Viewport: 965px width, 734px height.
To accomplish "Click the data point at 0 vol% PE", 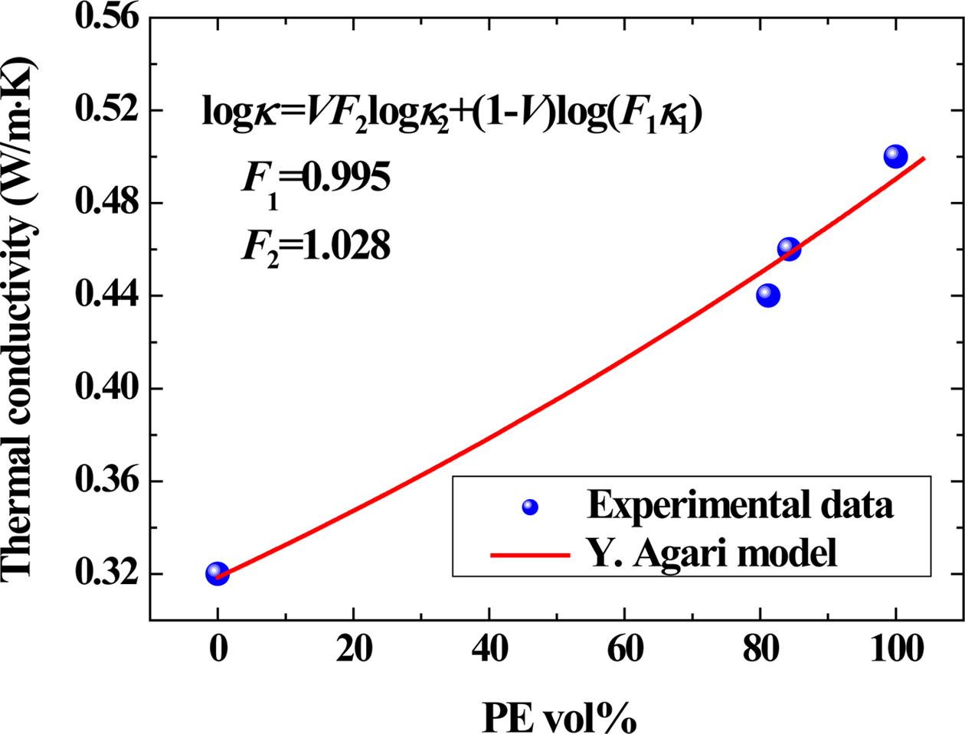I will click(218, 573).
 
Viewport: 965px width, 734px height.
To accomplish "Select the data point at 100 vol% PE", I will click(895, 157).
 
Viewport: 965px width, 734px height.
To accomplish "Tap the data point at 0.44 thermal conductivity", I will click(768, 295).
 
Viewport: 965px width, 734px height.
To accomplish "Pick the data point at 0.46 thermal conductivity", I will click(789, 249).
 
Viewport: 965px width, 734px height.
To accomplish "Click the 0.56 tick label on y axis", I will click(107, 17).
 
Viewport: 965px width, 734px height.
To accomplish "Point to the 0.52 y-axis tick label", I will click(107, 110).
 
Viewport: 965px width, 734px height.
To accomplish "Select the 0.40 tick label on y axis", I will click(107, 389).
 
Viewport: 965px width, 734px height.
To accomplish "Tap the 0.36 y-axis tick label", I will click(107, 481).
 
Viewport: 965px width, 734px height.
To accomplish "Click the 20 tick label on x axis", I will click(353, 651).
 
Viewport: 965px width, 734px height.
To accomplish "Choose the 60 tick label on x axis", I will click(624, 651).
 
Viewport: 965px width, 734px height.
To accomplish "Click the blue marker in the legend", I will click(529, 507).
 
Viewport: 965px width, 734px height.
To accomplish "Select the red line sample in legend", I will click(529, 554).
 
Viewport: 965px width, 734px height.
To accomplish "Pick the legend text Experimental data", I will click(740, 506).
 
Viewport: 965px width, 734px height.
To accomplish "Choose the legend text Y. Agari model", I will click(712, 553).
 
